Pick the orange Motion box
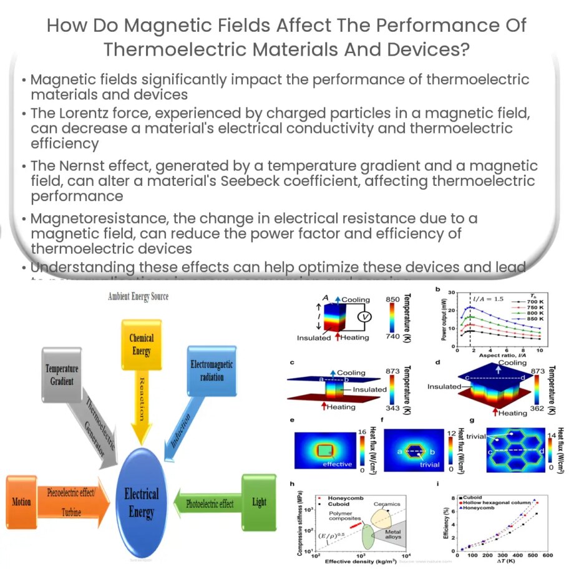pos(20,502)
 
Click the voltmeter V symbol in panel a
pos(366,318)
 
